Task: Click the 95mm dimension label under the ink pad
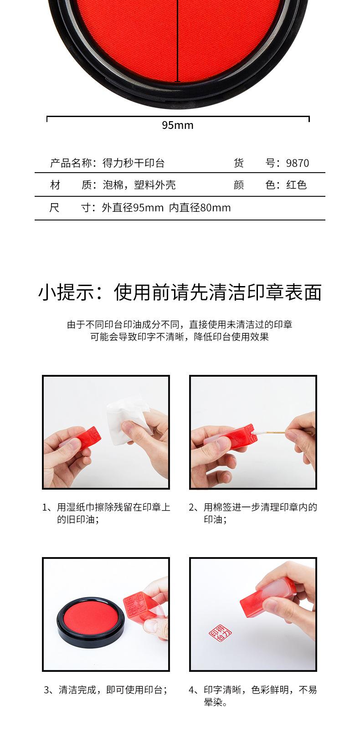click(x=178, y=125)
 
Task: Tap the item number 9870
click(x=298, y=163)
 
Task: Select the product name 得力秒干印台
click(x=133, y=163)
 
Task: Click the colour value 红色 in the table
click(x=296, y=185)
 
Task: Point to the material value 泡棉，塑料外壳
click(x=139, y=185)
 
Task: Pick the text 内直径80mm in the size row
click(x=200, y=208)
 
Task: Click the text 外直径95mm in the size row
click(x=133, y=208)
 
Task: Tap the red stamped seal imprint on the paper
click(x=220, y=633)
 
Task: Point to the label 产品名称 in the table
click(x=71, y=163)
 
